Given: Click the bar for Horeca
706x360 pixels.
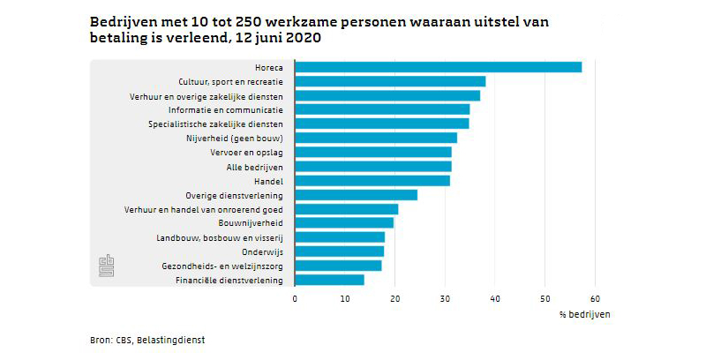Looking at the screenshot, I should coord(438,67).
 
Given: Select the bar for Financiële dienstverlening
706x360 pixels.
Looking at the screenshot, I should coord(329,280).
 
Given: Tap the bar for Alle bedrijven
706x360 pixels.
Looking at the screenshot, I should coord(372,166).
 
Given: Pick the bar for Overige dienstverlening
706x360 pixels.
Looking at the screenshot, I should coord(356,195).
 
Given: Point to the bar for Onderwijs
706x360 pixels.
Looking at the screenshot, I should coord(339,251).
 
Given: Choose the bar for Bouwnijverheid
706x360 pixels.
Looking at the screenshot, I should coord(344,223).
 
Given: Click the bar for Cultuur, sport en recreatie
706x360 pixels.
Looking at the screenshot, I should coord(390,81).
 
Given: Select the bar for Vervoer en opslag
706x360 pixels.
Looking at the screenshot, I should coord(372,152).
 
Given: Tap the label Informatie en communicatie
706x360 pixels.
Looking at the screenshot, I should coord(226,109).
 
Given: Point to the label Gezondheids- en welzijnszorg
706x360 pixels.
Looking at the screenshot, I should coord(222,266).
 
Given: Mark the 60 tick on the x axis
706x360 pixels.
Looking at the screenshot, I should coord(595,298).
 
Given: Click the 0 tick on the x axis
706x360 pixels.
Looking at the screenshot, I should coord(295,298).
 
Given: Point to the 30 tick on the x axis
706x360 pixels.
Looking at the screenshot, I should coord(445,298).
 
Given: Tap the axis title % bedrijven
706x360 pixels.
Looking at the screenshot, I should coord(584,314).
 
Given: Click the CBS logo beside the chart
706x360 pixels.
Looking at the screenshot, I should coord(107,266).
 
